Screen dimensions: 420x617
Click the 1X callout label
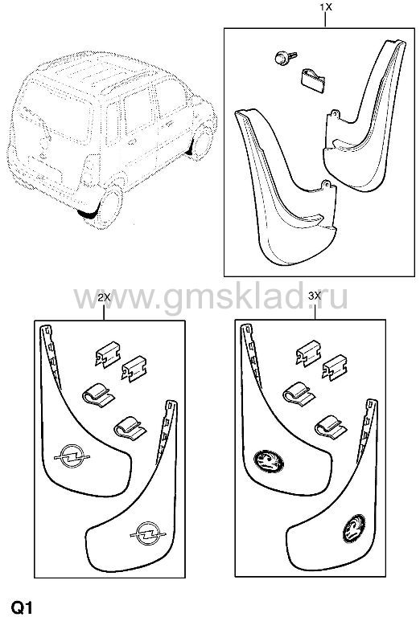coord(326,7)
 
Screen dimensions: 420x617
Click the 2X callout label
coord(104,297)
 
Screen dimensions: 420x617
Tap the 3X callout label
coord(315,296)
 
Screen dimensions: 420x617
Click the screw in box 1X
coord(286,58)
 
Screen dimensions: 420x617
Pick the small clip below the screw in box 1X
coord(312,80)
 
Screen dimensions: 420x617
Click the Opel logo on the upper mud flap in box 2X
coord(72,456)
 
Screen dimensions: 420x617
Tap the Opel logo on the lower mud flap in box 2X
coord(148,533)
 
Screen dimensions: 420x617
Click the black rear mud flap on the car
coord(89,214)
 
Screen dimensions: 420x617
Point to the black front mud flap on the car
coord(191,146)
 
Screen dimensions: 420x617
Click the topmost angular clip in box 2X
coord(108,353)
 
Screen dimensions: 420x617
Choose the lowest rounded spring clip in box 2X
coord(130,428)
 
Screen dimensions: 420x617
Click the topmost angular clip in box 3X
coord(308,353)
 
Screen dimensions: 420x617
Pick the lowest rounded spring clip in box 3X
coord(331,427)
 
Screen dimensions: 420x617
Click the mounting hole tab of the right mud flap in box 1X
coord(335,114)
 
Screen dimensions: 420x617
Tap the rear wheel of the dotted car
coord(111,206)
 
